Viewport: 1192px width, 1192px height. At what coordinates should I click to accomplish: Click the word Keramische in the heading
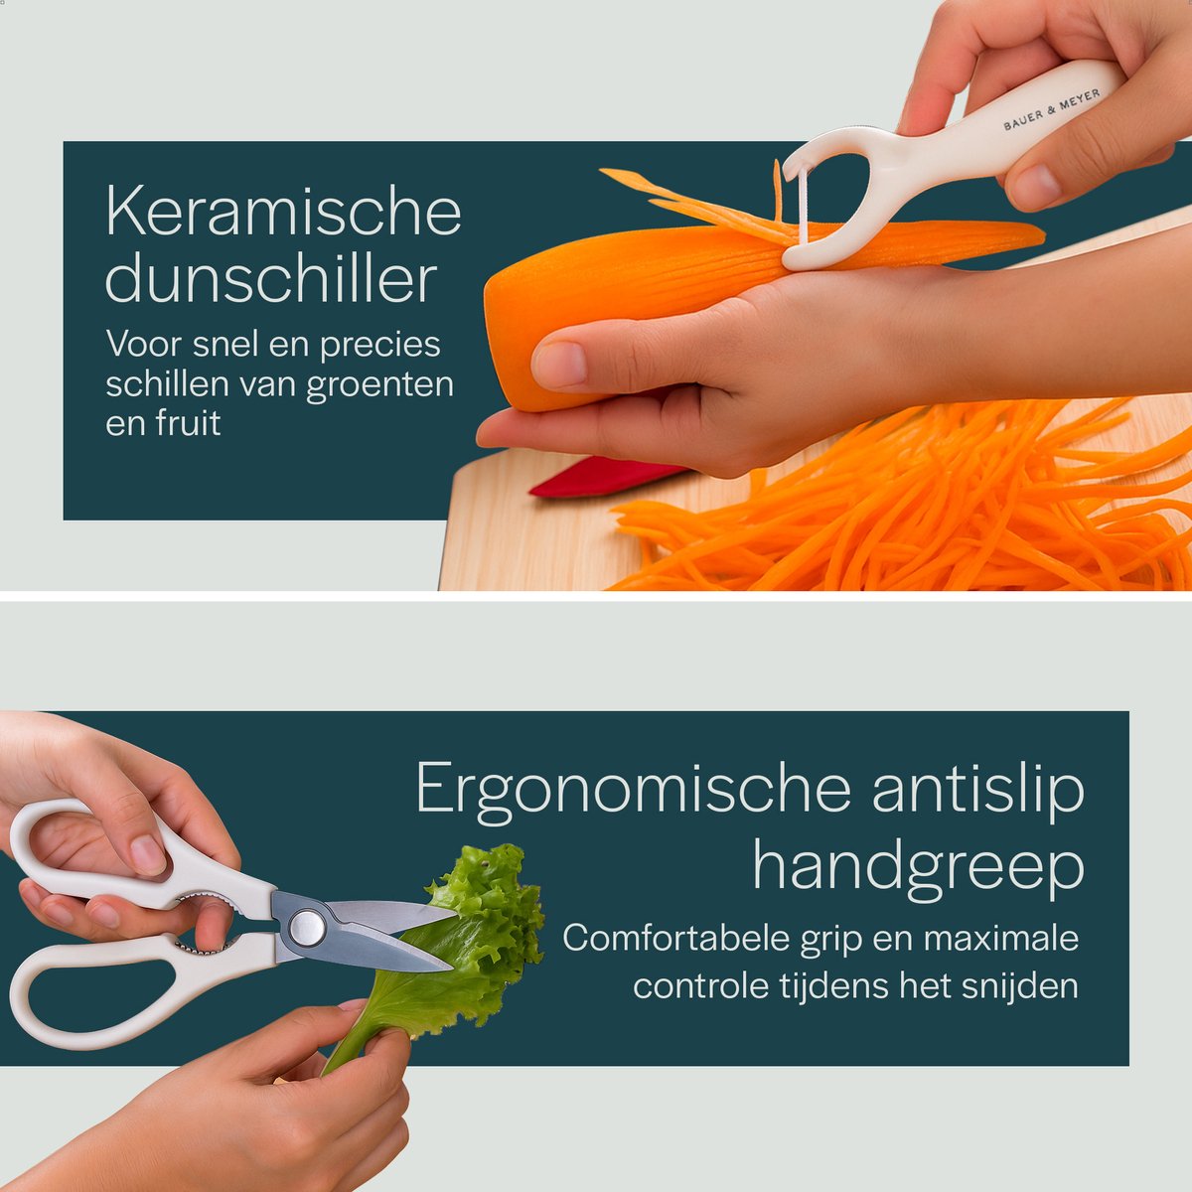[x=284, y=210]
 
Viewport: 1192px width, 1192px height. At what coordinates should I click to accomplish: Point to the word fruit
[x=188, y=423]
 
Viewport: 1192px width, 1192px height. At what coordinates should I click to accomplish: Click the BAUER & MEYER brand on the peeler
[x=1052, y=109]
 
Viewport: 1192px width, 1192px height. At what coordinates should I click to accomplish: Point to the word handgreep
[x=919, y=863]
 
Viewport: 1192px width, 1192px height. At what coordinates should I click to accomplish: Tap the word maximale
[x=1001, y=938]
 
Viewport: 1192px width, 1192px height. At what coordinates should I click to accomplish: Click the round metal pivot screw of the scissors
[x=307, y=927]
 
